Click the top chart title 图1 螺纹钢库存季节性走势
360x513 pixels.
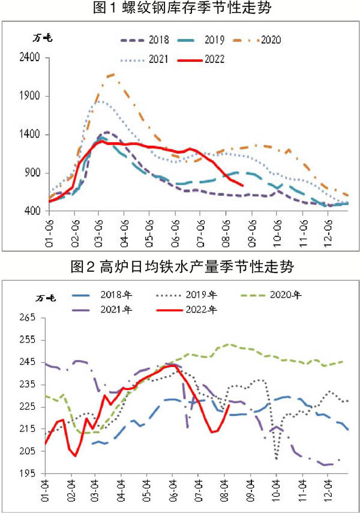click(x=179, y=9)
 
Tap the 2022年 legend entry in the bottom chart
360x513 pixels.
click(x=205, y=310)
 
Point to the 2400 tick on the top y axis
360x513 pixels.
click(x=31, y=58)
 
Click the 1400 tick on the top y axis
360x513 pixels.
click(x=31, y=134)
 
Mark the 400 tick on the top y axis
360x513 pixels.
click(x=33, y=211)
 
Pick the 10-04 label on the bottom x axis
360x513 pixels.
click(x=277, y=490)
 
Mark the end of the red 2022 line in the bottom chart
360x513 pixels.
click(x=229, y=406)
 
